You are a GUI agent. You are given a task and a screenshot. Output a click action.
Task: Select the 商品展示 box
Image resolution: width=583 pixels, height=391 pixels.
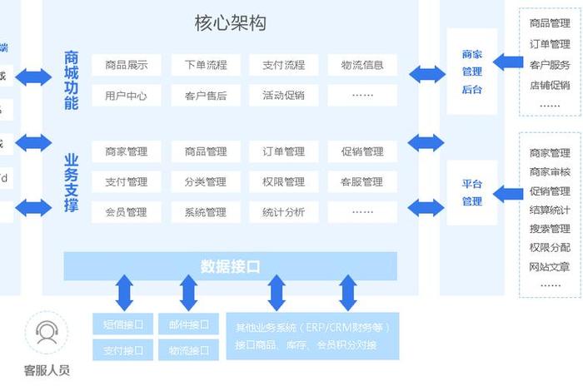[127, 65]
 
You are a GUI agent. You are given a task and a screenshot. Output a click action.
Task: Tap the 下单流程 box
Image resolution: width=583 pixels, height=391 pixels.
[205, 65]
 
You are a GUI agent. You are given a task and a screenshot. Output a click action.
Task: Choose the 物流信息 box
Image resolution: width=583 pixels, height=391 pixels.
[361, 65]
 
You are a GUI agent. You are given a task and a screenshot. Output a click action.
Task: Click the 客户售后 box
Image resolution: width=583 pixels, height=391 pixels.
[205, 96]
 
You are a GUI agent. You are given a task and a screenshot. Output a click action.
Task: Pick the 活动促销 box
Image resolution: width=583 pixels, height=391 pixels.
[283, 96]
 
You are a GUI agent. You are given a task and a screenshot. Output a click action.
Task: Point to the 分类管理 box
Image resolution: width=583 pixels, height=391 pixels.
[205, 182]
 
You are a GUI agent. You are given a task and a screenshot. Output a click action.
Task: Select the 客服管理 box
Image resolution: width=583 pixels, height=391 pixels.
[361, 182]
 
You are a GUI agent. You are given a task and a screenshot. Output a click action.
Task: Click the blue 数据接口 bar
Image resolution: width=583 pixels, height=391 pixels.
[231, 266]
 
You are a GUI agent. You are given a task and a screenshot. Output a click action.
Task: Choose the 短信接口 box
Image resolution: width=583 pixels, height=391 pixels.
[123, 324]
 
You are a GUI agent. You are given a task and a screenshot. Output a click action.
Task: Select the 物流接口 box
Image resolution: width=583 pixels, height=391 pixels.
[189, 350]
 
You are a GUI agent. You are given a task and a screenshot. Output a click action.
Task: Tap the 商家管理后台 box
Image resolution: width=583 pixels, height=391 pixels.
[472, 72]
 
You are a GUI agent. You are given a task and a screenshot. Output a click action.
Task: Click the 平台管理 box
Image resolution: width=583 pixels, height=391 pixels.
[472, 193]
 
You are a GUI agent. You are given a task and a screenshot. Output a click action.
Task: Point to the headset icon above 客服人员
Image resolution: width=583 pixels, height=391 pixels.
[47, 334]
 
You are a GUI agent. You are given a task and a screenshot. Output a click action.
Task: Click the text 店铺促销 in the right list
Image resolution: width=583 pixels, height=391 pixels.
[550, 85]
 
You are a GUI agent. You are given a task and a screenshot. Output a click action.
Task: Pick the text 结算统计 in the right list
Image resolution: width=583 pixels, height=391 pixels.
[550, 210]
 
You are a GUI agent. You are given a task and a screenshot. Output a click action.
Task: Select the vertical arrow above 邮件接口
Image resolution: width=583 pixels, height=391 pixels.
[189, 293]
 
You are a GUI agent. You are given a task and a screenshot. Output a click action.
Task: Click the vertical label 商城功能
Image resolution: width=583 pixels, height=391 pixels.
[72, 80]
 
